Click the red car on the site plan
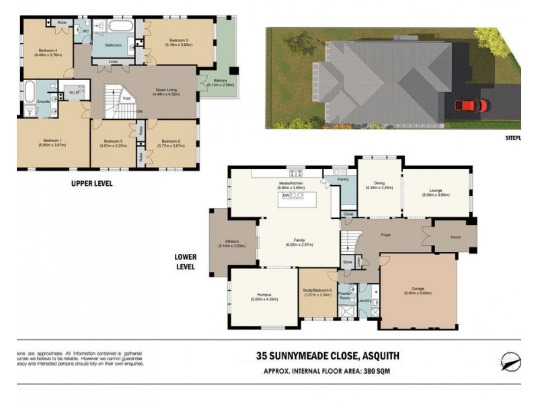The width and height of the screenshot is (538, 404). [470, 105]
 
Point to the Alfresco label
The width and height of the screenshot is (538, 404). [227, 243]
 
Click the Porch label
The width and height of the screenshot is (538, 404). [455, 236]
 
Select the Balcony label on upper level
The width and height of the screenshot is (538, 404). [216, 82]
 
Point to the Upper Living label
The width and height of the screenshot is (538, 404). [165, 90]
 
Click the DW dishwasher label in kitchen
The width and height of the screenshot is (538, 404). [286, 195]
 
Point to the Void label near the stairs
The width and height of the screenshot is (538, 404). [126, 100]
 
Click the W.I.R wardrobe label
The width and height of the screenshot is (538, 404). [74, 91]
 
